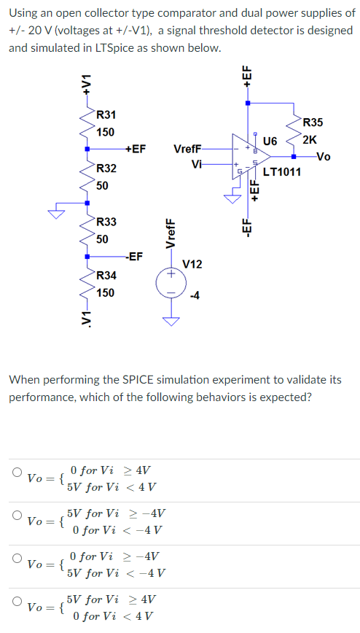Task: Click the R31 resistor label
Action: (106, 115)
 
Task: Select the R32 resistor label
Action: (106, 168)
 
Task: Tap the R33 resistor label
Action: (106, 222)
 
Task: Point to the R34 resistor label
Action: (106, 276)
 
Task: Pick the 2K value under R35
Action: (310, 139)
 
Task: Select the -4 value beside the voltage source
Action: (194, 295)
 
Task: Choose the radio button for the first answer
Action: (16, 472)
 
